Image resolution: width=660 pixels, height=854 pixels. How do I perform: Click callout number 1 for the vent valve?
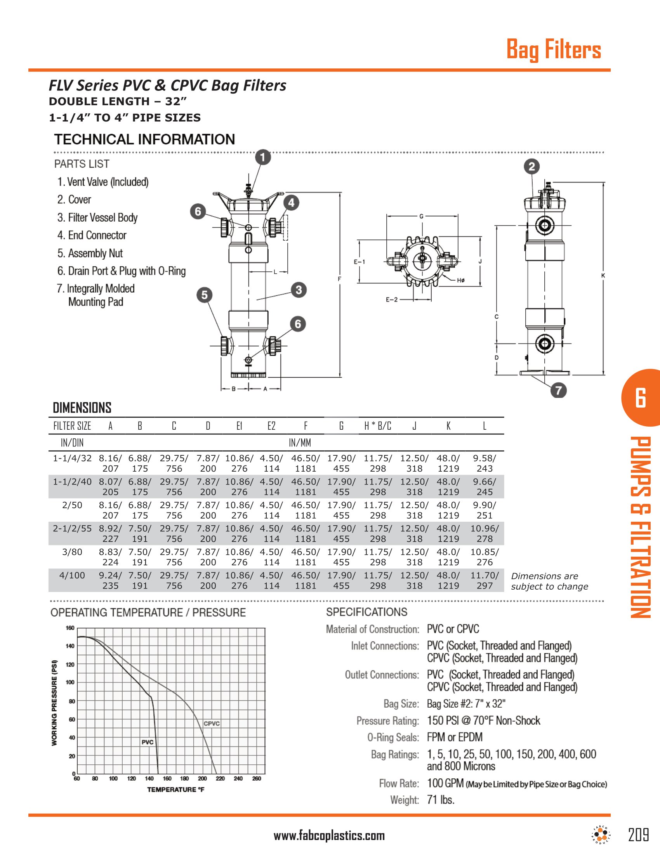(x=263, y=157)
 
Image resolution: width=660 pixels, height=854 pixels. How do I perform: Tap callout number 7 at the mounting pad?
(x=558, y=390)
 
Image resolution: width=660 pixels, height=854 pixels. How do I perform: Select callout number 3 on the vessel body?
(x=299, y=290)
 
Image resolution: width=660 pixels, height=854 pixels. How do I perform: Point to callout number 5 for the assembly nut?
(x=205, y=295)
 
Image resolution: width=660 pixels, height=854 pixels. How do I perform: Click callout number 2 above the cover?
(x=531, y=167)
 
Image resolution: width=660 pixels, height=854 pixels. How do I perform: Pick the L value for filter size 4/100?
(x=485, y=580)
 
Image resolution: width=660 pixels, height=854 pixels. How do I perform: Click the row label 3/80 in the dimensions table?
(x=72, y=552)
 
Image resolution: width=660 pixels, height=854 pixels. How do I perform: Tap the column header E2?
(x=271, y=426)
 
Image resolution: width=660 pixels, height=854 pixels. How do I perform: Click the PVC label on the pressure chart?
(x=148, y=742)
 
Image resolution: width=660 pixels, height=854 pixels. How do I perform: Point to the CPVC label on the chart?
(x=212, y=724)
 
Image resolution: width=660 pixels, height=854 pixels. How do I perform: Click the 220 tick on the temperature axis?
(x=220, y=779)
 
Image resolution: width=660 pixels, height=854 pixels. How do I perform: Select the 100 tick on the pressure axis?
(x=70, y=682)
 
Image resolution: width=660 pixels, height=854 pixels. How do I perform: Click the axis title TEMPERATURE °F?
(x=175, y=790)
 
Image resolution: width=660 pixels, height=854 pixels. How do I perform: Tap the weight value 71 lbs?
(x=441, y=800)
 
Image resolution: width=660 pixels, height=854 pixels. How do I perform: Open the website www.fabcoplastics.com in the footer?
(x=329, y=836)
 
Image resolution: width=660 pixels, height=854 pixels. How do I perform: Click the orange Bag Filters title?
(x=554, y=50)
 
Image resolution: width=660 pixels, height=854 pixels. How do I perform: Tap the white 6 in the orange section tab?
(x=641, y=398)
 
